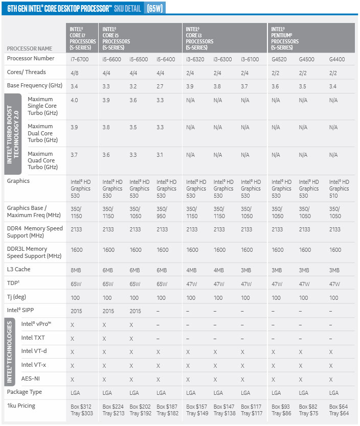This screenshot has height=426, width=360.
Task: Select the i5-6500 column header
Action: (x=139, y=59)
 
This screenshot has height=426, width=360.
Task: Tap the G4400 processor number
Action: (x=336, y=59)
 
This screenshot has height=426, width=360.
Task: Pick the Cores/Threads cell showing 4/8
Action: (x=74, y=73)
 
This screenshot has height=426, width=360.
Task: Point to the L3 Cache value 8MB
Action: (x=76, y=269)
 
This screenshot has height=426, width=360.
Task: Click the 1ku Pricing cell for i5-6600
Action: (x=114, y=409)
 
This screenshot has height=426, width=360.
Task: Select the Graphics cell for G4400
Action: (x=339, y=188)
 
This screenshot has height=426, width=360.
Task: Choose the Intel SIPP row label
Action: (x=22, y=310)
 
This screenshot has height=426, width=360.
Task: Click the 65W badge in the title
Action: (x=154, y=9)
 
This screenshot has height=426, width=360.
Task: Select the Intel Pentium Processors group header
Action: (x=285, y=38)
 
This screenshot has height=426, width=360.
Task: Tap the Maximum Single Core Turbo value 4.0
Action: (x=74, y=100)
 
